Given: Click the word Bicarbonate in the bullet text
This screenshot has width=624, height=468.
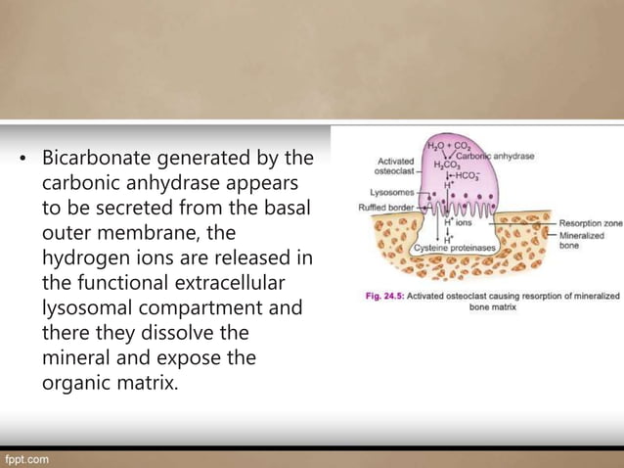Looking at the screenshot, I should (107, 158).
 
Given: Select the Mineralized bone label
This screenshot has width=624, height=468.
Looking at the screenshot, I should (583, 242).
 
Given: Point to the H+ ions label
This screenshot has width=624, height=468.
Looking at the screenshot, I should (458, 223).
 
